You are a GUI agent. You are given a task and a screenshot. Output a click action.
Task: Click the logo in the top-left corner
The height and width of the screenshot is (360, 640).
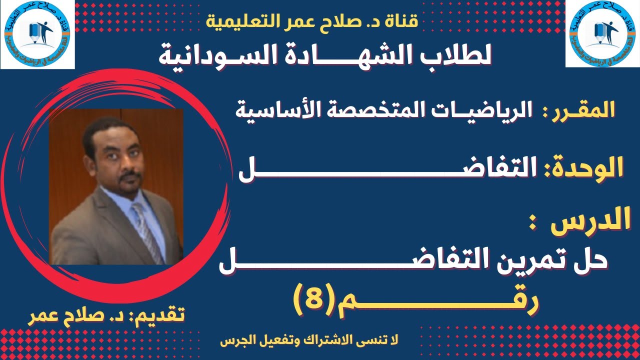[37, 34]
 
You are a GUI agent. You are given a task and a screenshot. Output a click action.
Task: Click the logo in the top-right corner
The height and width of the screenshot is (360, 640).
[602, 34]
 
